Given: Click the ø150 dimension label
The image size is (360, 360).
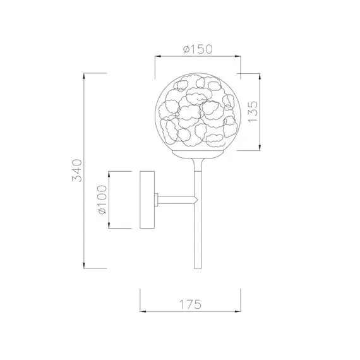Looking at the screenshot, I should tap(197, 49).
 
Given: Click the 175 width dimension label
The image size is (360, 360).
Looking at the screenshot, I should tap(191, 304).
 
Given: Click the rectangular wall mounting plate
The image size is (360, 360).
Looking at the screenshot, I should tap(147, 200).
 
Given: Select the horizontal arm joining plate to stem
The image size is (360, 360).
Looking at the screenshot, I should tap(175, 200).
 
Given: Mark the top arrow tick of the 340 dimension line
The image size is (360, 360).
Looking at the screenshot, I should tap(85, 73).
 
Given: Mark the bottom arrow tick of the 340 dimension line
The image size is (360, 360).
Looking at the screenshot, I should tap(85, 266).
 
